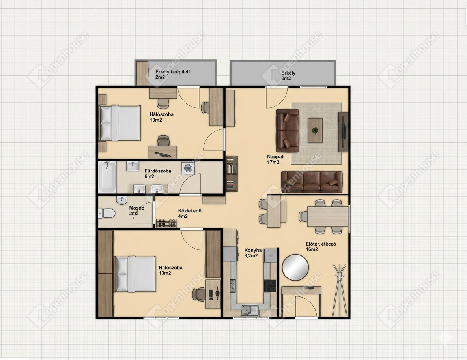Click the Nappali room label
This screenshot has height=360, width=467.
pyautogui.click(x=273, y=159)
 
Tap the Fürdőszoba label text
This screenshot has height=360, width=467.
pyautogui.click(x=158, y=174)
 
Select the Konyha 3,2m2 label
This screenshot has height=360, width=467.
pyautogui.click(x=253, y=253)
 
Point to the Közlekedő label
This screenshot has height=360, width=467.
pyautogui.click(x=190, y=214)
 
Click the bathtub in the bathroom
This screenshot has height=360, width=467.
pyautogui.click(x=107, y=177)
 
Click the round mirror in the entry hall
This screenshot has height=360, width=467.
pyautogui.click(x=295, y=267)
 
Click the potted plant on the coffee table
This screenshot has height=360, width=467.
pyautogui.click(x=315, y=130)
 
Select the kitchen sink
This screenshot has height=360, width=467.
pyautogui.click(x=250, y=310)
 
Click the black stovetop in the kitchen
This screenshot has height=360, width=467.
pyautogui.click(x=270, y=286)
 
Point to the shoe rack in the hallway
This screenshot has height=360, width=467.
pyautogui.click(x=167, y=223)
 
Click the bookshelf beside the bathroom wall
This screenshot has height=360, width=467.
pyautogui.click(x=232, y=174)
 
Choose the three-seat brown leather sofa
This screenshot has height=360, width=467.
pyautogui.click(x=312, y=182)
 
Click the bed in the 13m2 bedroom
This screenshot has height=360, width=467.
pyautogui.click(x=136, y=274)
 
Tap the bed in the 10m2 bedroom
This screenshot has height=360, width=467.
pyautogui.click(x=120, y=123)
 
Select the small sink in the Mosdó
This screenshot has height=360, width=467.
pyautogui.click(x=121, y=201)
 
